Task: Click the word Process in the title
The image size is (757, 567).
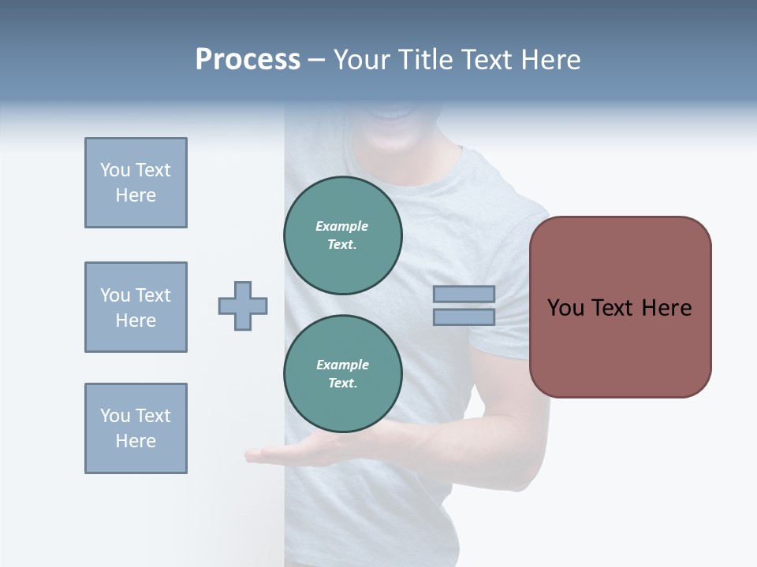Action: point(248,60)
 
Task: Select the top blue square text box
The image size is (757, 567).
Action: point(136,183)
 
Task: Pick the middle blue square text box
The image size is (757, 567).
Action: point(136,307)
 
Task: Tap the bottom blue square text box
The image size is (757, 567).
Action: point(136,428)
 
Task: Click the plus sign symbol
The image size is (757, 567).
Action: point(243,306)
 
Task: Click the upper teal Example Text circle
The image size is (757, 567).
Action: point(343,235)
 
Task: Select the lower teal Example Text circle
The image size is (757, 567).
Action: point(343,374)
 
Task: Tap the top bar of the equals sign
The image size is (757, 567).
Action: point(464,295)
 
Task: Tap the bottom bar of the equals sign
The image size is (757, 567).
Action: point(464,317)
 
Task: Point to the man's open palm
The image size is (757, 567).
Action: point(276,454)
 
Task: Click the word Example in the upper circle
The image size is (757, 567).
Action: point(341,226)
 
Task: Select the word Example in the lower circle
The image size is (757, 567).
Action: point(342,365)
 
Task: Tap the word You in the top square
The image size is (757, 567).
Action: point(115,170)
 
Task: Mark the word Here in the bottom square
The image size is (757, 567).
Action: point(136,441)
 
